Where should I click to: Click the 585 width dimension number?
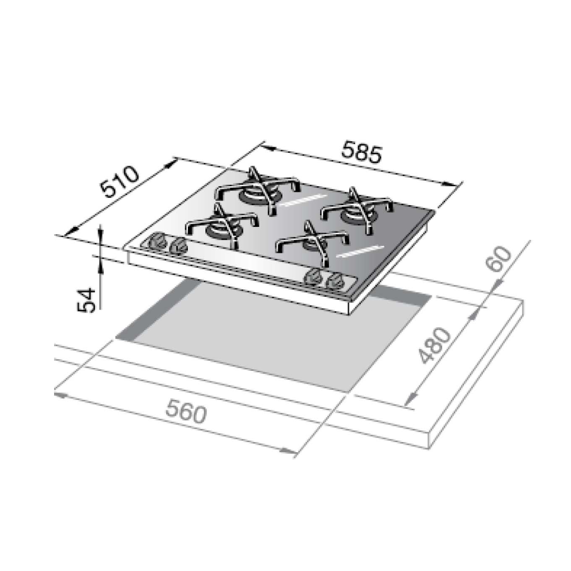click(x=362, y=154)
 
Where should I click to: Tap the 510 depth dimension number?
click(x=119, y=182)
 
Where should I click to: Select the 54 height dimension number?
click(x=86, y=300)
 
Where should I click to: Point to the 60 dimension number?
click(x=499, y=259)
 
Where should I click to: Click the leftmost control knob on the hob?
click(x=158, y=241)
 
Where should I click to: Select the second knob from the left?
click(x=178, y=246)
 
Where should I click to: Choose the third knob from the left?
click(x=312, y=277)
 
